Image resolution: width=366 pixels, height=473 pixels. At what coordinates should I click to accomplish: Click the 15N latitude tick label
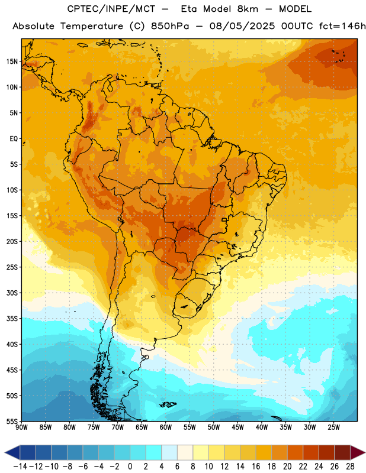click(12, 61)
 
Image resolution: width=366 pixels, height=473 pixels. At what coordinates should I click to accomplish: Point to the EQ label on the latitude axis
click(14, 139)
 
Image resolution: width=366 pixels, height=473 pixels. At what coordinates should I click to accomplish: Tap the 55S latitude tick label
click(12, 421)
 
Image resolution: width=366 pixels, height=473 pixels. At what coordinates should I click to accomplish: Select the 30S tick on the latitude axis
click(12, 293)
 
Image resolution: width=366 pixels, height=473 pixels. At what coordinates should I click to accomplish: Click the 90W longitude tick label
click(21, 427)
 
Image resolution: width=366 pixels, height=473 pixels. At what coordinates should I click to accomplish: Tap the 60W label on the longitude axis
click(166, 427)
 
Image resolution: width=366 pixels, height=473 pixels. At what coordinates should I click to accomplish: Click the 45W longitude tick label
click(237, 427)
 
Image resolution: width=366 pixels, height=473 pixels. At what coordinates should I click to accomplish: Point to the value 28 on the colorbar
click(350, 466)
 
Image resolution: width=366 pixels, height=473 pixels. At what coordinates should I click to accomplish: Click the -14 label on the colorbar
click(20, 466)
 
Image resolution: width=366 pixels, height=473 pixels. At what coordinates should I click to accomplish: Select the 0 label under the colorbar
click(130, 466)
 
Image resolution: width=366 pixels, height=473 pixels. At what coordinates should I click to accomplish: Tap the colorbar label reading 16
click(256, 466)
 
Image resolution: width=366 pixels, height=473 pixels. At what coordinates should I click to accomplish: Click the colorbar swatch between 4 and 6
click(169, 452)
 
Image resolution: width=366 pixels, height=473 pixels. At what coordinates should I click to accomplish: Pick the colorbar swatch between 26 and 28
click(342, 452)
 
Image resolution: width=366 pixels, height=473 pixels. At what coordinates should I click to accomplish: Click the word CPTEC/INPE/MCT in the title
click(111, 9)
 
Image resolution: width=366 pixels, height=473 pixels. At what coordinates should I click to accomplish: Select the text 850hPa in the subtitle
click(170, 26)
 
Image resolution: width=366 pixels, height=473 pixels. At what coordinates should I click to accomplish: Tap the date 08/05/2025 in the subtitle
click(242, 26)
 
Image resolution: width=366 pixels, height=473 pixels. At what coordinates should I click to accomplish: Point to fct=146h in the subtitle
click(342, 26)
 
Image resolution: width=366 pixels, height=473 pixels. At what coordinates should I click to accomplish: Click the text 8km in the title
click(248, 9)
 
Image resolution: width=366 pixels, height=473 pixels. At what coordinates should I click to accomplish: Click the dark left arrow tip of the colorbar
click(5, 452)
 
